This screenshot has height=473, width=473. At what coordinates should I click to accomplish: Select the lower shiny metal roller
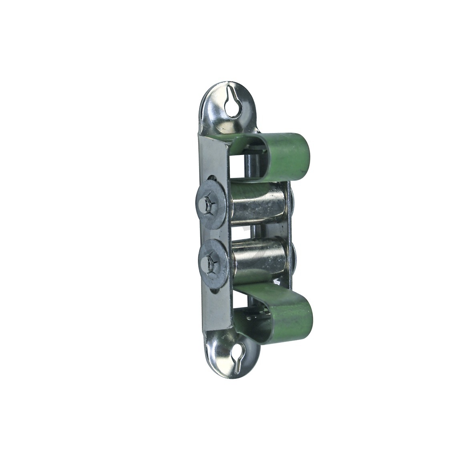pos(259,260)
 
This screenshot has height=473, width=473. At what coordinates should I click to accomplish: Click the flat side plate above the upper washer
pos(212,160)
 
